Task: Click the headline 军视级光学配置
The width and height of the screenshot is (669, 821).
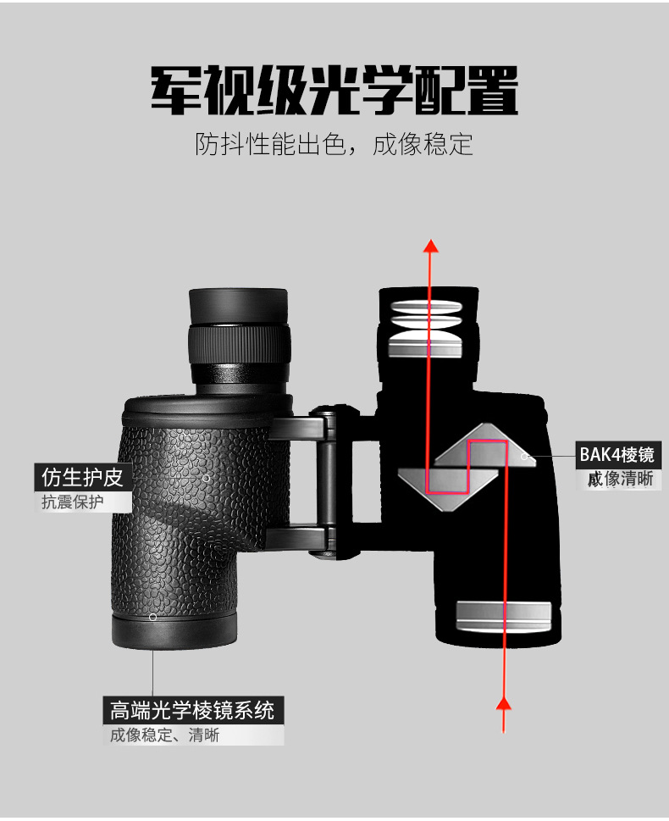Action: (x=334, y=90)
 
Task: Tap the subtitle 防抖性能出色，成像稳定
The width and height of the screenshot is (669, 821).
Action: (x=334, y=144)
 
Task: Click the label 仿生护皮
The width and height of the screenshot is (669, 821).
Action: (x=82, y=477)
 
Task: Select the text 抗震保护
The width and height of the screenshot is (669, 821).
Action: (x=72, y=502)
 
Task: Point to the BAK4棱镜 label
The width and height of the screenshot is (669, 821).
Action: (x=617, y=454)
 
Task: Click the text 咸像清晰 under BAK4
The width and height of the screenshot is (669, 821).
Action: (x=621, y=479)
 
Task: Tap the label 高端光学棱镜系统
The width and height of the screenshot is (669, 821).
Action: (x=192, y=711)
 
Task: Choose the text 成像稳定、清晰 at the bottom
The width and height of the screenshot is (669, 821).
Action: (x=164, y=735)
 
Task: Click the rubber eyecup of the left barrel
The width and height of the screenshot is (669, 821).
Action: (x=238, y=306)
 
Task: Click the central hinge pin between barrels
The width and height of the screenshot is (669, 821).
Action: (x=329, y=480)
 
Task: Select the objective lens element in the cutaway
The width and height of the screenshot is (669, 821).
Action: (x=504, y=616)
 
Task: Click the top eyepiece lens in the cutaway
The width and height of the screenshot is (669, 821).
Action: (x=426, y=307)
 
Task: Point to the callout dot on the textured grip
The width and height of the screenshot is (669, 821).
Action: (x=207, y=478)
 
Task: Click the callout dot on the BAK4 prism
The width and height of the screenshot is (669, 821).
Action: (x=524, y=457)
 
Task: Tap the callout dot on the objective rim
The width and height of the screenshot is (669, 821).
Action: (x=153, y=618)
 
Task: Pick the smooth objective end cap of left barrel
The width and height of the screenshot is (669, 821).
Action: (x=174, y=632)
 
